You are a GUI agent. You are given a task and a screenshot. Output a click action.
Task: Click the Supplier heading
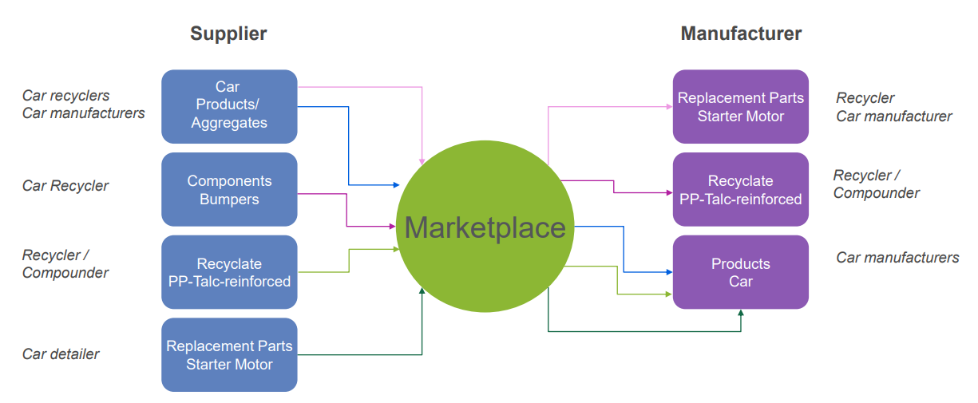pyautogui.click(x=228, y=34)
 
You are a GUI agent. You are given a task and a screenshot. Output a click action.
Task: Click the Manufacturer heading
pyautogui.click(x=741, y=34)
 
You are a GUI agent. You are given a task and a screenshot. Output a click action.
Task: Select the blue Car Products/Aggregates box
pyautogui.click(x=229, y=106)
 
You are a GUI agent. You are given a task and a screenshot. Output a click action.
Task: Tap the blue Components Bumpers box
pyautogui.click(x=229, y=189)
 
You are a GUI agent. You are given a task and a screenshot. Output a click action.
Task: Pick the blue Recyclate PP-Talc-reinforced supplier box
pyautogui.click(x=229, y=272)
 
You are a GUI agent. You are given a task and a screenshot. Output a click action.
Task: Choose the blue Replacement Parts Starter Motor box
pyautogui.click(x=229, y=354)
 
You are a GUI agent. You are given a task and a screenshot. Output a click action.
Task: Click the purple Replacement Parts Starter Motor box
pyautogui.click(x=741, y=106)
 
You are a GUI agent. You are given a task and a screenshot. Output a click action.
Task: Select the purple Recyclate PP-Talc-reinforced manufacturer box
pyautogui.click(x=741, y=189)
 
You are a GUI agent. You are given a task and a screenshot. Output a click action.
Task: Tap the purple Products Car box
pyautogui.click(x=741, y=272)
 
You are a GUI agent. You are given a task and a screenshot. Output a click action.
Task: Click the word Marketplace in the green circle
pyautogui.click(x=485, y=227)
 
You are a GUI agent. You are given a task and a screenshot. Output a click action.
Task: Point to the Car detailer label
pyautogui.click(x=61, y=354)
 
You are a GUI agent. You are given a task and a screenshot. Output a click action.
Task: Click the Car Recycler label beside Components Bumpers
pyautogui.click(x=65, y=186)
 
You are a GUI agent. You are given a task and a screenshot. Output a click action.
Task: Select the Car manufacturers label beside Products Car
pyautogui.click(x=897, y=258)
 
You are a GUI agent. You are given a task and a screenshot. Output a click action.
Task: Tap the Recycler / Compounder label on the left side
pyautogui.click(x=65, y=263)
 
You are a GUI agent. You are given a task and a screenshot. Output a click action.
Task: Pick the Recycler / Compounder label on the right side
pyautogui.click(x=877, y=184)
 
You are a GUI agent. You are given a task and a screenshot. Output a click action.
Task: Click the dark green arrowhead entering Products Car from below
pyautogui.click(x=741, y=313)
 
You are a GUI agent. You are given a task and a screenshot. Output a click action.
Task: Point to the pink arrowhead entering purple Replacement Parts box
pyautogui.click(x=669, y=106)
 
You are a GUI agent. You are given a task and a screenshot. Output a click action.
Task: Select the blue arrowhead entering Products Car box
pyautogui.click(x=669, y=272)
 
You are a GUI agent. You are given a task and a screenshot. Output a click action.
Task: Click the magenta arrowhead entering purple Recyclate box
pyautogui.click(x=669, y=192)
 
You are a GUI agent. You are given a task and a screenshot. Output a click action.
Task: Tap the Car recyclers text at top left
pyautogui.click(x=65, y=96)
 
